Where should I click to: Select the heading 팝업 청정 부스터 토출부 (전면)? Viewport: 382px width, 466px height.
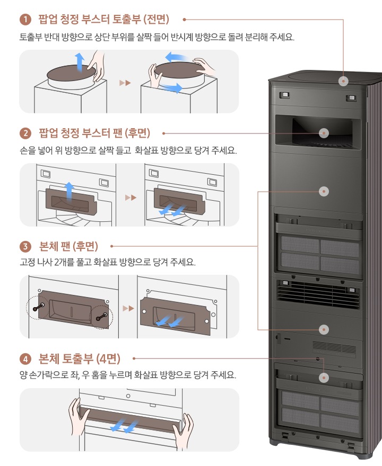(x=103, y=20)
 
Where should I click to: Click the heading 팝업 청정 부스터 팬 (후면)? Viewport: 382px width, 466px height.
(x=95, y=133)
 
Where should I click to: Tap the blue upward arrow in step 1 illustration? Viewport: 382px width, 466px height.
(x=79, y=62)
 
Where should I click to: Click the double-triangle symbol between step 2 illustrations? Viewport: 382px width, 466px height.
(x=131, y=198)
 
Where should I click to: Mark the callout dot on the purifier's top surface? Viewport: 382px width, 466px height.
(x=344, y=81)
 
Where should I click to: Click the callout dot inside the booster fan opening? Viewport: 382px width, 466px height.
(x=323, y=133)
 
